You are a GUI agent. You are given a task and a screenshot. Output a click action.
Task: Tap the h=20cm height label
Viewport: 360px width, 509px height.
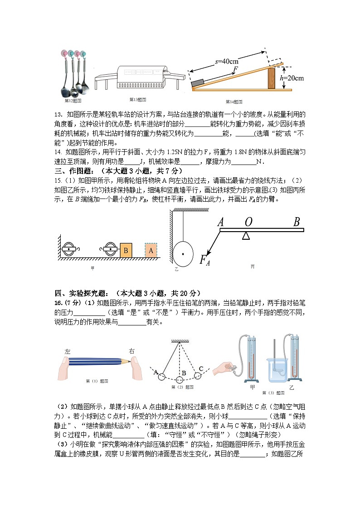point(292,78)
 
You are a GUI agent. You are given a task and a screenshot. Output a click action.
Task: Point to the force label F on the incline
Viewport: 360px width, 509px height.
point(235,69)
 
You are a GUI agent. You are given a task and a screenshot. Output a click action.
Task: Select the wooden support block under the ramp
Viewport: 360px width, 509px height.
point(272,78)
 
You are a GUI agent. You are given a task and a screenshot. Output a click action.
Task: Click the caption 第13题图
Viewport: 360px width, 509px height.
point(138,99)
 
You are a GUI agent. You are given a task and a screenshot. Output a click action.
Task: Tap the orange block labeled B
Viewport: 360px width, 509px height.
point(126,250)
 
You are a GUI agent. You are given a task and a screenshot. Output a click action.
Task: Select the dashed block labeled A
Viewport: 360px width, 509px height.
point(151,250)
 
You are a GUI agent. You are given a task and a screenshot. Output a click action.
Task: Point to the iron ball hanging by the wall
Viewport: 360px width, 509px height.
point(183,254)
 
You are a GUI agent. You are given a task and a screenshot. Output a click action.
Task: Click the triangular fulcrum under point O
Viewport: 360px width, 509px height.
point(246,235)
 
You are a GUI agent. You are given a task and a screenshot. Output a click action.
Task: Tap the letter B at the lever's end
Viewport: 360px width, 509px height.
point(297,222)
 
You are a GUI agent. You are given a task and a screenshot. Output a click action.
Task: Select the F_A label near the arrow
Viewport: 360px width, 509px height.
point(205,260)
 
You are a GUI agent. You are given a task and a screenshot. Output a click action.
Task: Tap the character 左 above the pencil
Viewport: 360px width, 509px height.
point(68,351)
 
